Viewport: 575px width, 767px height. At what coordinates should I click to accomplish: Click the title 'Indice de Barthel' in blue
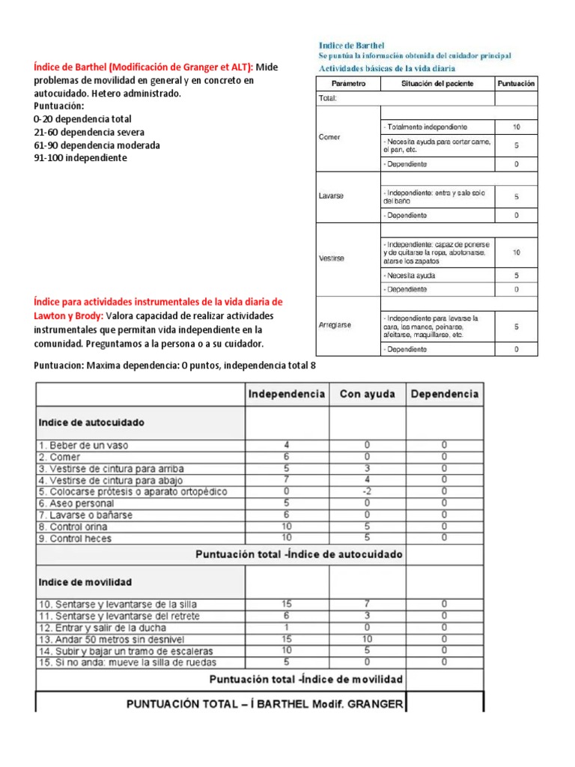point(352,46)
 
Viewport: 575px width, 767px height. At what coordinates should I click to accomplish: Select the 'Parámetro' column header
point(348,84)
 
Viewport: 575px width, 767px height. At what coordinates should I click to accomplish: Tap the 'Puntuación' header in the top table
point(516,84)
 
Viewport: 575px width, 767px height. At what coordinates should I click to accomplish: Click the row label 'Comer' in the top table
point(329,138)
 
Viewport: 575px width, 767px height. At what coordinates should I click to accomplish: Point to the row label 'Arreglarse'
point(335,325)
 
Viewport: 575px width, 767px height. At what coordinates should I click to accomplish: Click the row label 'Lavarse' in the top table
point(331,195)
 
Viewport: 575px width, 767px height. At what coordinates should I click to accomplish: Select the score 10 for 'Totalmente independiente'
point(516,127)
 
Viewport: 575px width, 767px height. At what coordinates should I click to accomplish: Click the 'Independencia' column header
point(287,394)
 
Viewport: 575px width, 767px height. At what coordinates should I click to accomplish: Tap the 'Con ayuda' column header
point(367,394)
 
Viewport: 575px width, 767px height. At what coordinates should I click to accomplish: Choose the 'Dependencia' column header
point(445,394)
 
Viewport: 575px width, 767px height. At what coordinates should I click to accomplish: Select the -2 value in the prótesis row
point(367,491)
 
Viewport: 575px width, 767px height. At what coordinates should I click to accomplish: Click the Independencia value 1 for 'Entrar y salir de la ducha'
point(287,627)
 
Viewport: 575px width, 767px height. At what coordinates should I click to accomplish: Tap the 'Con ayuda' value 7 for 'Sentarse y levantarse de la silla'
point(367,604)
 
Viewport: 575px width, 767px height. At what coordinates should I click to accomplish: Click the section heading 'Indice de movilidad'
point(85,582)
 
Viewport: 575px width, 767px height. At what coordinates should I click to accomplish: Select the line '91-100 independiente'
point(80,158)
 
